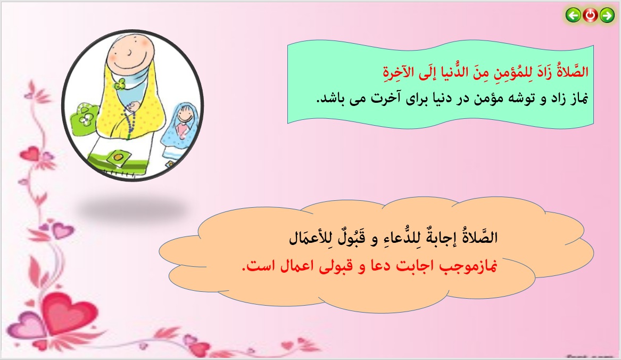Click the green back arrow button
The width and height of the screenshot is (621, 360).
pyautogui.click(x=573, y=15)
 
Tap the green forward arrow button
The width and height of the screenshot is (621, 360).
pyautogui.click(x=607, y=15)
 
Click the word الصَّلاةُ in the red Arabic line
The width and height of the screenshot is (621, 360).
pyautogui.click(x=572, y=71)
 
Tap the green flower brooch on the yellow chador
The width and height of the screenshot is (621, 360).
pyautogui.click(x=120, y=84)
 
